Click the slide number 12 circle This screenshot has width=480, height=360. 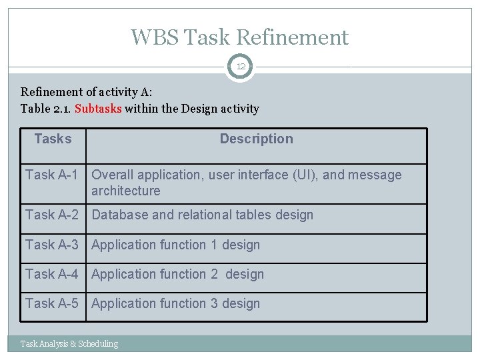tap(240, 67)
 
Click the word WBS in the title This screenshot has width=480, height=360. tap(155, 37)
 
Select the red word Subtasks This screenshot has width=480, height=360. tap(98, 109)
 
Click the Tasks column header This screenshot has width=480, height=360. tap(53, 139)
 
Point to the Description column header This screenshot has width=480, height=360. tap(256, 139)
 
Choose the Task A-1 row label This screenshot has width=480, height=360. tap(52, 175)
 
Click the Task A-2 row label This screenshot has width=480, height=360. tap(52, 215)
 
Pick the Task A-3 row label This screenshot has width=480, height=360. tap(52, 245)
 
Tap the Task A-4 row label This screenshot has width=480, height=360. tap(52, 274)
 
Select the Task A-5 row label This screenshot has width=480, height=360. tap(52, 303)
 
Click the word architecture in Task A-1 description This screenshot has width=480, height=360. tap(126, 191)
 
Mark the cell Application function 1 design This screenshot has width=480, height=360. tap(175, 245)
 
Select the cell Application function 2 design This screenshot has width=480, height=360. tap(177, 274)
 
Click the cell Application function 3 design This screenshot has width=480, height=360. tap(175, 303)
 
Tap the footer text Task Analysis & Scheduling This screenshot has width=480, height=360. tap(69, 344)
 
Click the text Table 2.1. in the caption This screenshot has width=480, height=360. tap(46, 109)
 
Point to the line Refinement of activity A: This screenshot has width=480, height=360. tap(87, 93)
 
